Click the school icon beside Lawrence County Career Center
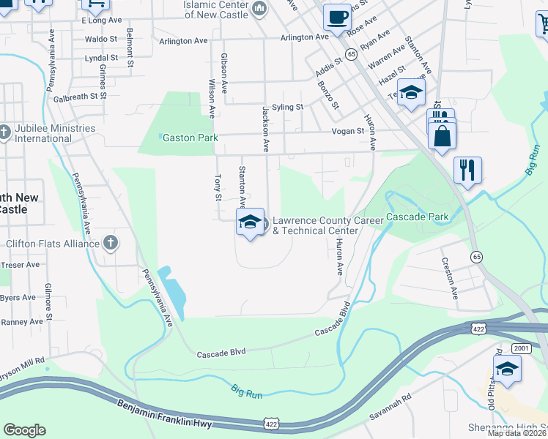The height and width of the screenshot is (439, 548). point(250,222)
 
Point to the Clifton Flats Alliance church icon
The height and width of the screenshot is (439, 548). point(110,242)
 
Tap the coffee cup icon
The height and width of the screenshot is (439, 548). point(337,16)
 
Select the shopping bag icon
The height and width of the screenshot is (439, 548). point(443,136)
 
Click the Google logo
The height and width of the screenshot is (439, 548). point(24,430)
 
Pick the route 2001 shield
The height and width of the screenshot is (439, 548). point(521,348)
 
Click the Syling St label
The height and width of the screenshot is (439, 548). point(287,107)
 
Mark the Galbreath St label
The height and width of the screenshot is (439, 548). point(80,96)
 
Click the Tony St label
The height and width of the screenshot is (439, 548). point(217,187)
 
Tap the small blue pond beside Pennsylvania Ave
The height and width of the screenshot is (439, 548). point(174,288)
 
